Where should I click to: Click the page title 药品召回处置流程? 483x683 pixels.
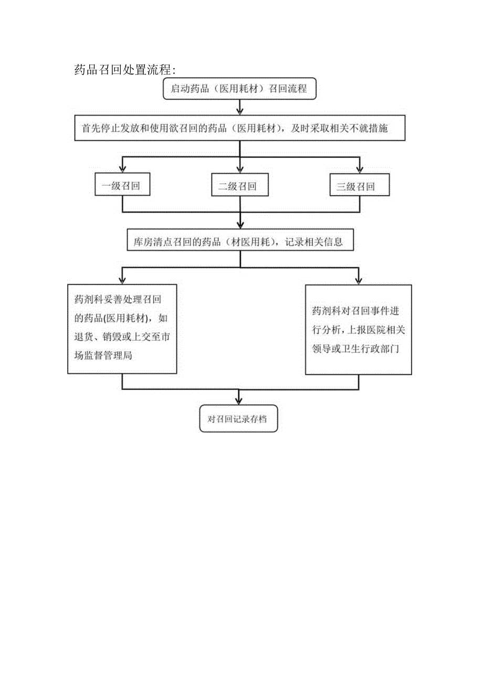[x=125, y=70]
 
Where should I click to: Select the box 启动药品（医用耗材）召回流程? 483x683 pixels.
[x=239, y=89]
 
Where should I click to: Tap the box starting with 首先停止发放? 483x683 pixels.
[x=240, y=128]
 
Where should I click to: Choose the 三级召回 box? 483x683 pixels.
[x=360, y=186]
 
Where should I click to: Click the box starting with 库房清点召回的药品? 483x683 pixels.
[x=240, y=242]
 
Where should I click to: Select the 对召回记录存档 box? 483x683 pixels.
[x=239, y=419]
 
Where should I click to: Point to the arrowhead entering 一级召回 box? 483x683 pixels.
[x=122, y=169]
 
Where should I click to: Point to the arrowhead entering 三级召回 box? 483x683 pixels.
[x=360, y=169]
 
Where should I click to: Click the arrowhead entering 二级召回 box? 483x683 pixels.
[x=240, y=169]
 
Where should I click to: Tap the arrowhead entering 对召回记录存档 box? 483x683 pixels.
[x=240, y=400]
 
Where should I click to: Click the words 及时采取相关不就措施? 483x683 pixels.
[x=341, y=128]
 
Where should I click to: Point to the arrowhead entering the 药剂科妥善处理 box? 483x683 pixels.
[x=122, y=280]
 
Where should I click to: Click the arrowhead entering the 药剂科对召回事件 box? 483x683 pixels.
[x=359, y=280]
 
